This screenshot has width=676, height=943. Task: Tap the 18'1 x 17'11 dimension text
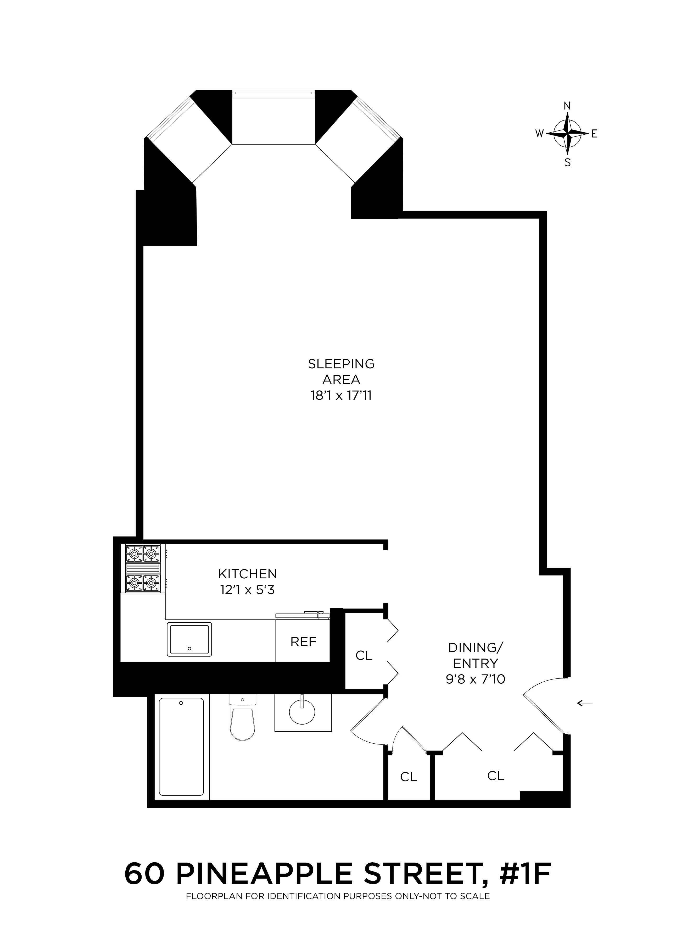point(341,396)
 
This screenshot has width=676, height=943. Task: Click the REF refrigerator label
point(303,642)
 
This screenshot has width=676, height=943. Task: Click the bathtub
point(181,746)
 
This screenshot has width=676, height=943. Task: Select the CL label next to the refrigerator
point(364,656)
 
